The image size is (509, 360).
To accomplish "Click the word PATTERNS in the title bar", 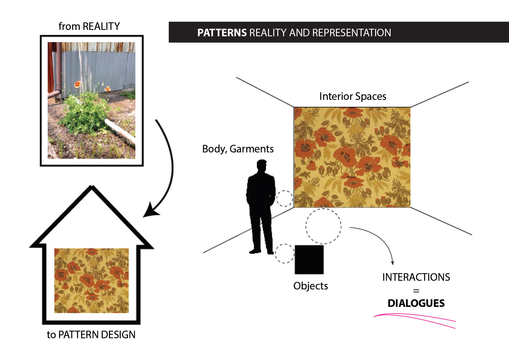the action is click(222, 33).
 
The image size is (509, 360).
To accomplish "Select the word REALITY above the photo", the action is click(101, 26).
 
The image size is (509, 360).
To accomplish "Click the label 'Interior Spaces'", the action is click(353, 96).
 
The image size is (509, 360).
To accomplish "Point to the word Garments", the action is click(251, 149).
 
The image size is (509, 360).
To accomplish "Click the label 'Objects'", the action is click(311, 286).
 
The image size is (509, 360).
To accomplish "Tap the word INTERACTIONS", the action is click(416, 277).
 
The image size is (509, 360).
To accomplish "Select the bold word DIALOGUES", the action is click(416, 303).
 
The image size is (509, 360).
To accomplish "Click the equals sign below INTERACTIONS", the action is click(416, 291).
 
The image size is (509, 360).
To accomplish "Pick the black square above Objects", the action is click(309, 260).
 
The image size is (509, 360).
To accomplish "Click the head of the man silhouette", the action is click(262, 166).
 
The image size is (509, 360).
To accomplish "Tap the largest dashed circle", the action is click(323, 226).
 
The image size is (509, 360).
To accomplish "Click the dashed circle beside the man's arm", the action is click(284, 199).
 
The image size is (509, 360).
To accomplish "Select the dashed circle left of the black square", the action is click(284, 253).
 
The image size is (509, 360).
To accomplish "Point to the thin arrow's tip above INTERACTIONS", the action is click(392, 263).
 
